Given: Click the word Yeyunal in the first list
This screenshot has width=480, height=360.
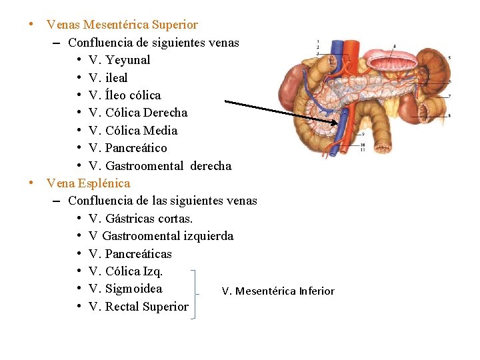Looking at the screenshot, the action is tap(128, 60).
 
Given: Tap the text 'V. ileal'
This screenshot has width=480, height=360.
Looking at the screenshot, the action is tap(108, 77).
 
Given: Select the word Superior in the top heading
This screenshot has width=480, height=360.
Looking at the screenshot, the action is tap(175, 25).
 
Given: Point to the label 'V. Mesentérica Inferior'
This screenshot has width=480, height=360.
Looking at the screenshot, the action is tap(278, 291).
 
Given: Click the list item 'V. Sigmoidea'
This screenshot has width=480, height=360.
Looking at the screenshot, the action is tap(125, 289).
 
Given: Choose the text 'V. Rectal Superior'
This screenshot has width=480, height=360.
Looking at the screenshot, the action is tap(139, 306).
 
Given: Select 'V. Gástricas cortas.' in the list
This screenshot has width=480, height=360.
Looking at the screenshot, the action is tap(141, 219).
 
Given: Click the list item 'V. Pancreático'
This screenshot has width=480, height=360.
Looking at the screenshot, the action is tap(127, 148).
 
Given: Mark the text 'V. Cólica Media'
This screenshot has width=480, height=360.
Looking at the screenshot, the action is tap(133, 130).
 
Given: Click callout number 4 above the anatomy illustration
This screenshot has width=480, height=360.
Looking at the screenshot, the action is tap(394, 46).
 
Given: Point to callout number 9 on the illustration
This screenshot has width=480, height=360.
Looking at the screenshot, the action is tap(362, 134).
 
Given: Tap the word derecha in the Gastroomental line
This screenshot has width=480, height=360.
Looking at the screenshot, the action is tap(211, 165).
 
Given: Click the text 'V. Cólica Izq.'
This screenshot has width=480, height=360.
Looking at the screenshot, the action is tap(125, 271).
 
